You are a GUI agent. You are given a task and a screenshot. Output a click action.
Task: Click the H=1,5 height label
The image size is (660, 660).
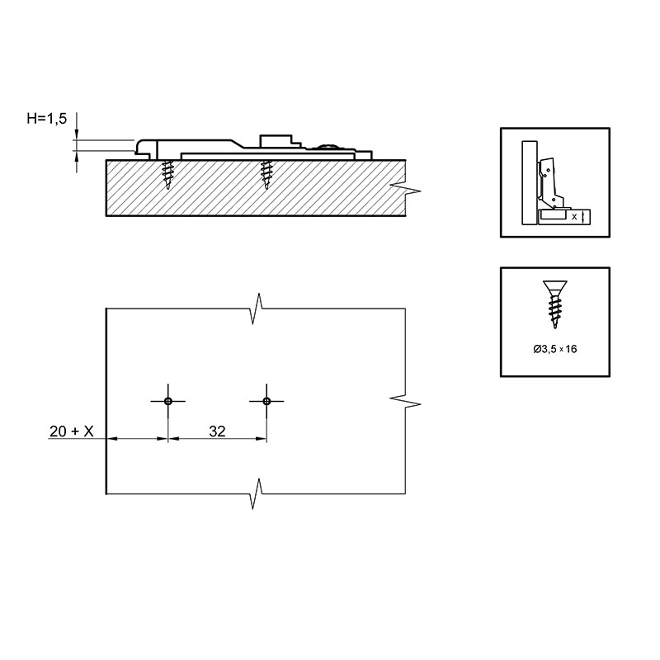pyautogui.click(x=47, y=119)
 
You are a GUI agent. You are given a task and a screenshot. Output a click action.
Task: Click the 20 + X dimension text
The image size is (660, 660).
pyautogui.click(x=72, y=431)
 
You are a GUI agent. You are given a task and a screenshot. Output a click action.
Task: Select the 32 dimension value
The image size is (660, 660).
pyautogui.click(x=217, y=431)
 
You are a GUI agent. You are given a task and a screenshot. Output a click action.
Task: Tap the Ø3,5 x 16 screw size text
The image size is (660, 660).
pyautogui.click(x=554, y=349)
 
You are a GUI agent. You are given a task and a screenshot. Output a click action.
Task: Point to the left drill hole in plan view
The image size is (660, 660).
pyautogui.click(x=168, y=401)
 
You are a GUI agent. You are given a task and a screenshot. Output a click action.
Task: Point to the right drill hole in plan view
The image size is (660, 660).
pyautogui.click(x=266, y=401)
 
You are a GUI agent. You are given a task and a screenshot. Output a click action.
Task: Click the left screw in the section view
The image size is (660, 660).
pyautogui.click(x=168, y=175)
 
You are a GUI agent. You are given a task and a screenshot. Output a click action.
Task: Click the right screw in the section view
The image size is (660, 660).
pyautogui.click(x=266, y=175)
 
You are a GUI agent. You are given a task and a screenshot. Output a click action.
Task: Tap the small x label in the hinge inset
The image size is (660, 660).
pyautogui.click(x=574, y=217)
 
